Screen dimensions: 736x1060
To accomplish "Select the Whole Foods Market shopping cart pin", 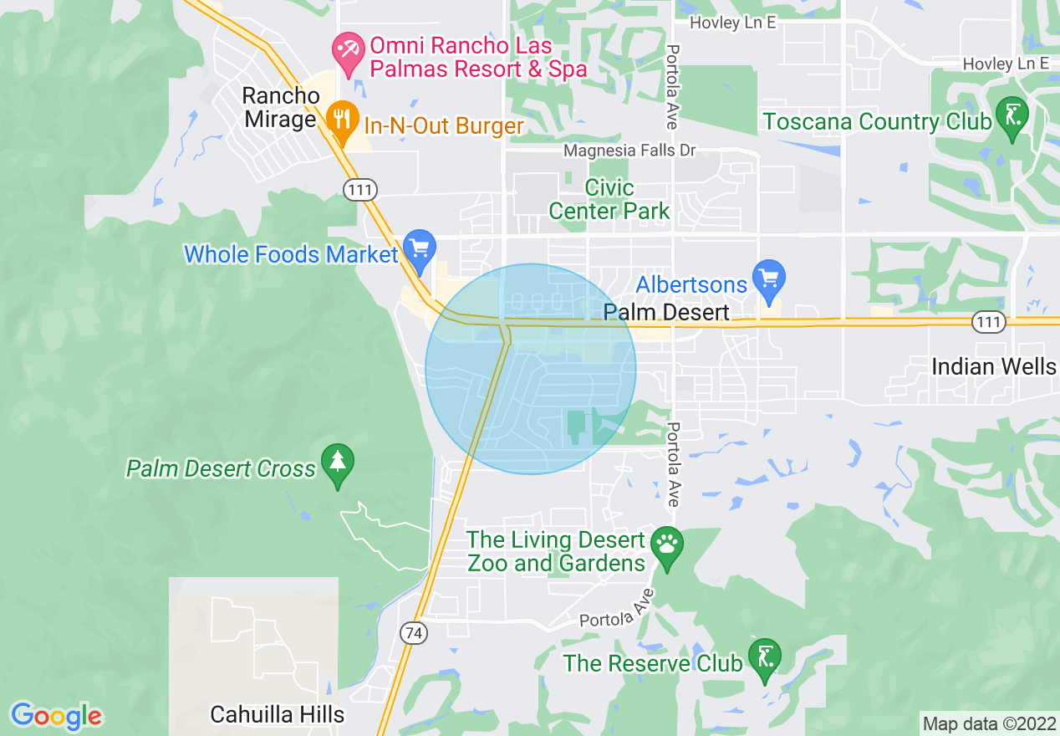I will (419, 248).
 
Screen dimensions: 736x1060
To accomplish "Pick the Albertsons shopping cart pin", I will (768, 276).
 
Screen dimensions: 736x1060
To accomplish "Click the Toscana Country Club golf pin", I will (1012, 115).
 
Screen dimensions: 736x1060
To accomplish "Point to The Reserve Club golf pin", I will (764, 657).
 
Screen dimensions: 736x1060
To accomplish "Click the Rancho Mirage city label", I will (280, 107).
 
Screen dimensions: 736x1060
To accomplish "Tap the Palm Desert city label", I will (667, 313).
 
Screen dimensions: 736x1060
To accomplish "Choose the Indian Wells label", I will (994, 366).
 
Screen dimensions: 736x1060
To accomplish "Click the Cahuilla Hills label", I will (277, 714).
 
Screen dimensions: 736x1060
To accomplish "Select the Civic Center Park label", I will (609, 199).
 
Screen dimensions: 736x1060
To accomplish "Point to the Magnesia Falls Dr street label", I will (629, 151).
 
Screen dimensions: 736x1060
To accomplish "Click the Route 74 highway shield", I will (413, 633).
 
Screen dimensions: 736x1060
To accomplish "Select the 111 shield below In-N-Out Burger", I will (359, 190).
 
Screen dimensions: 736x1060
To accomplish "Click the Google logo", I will (56, 716).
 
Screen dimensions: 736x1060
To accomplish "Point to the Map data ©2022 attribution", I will (989, 723).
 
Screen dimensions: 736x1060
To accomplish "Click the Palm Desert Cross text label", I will (221, 468).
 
